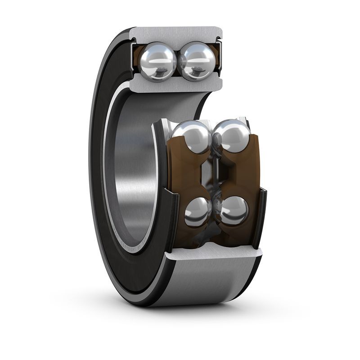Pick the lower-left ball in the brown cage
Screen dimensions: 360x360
click(198, 211)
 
